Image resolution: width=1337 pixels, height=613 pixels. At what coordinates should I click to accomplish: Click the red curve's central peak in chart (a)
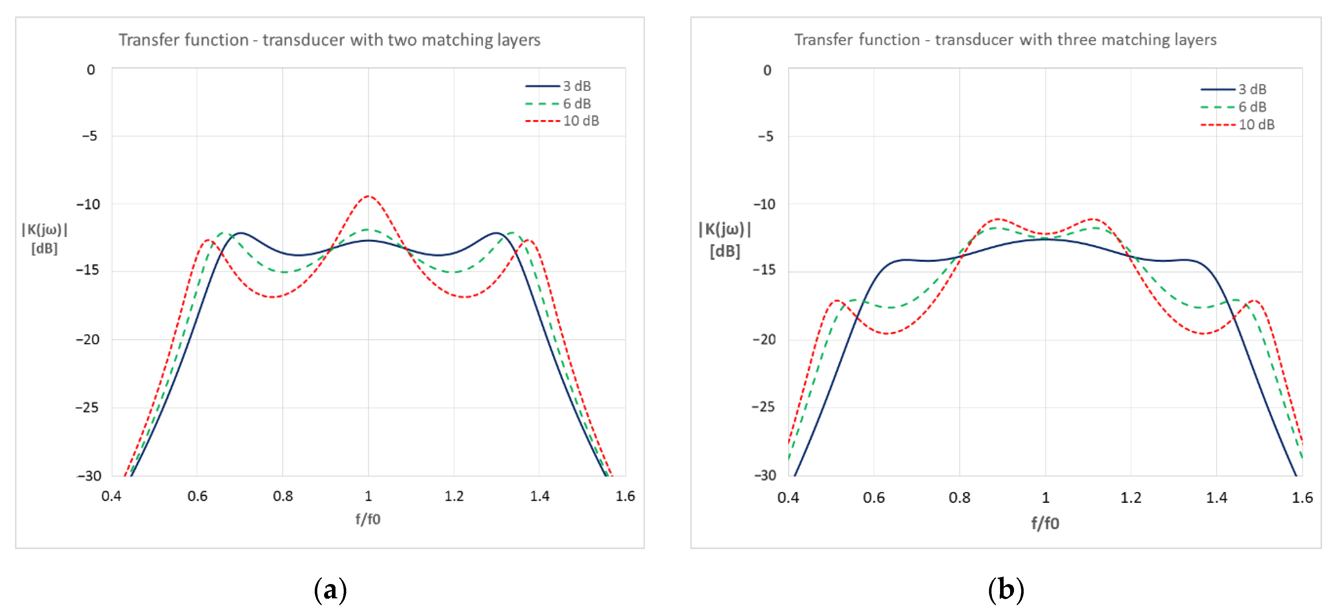pos(368,197)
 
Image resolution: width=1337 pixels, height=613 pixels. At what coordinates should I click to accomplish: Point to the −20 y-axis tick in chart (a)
pos(88,340)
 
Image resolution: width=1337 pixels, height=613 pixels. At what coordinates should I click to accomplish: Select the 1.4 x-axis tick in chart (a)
pos(539,496)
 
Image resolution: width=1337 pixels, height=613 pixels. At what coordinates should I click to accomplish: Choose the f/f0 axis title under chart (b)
pos(1044,523)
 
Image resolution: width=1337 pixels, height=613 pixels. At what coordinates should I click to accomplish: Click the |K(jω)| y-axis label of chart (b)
pos(725,229)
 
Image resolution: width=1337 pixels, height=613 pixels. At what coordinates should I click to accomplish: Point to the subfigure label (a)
pos(330,590)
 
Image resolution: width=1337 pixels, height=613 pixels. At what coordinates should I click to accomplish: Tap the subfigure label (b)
pos(1005,590)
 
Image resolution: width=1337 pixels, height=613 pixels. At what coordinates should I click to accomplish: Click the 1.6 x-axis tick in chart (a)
pos(625,496)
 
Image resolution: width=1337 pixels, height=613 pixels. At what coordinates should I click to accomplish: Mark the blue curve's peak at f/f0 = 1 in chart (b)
pos(1045,239)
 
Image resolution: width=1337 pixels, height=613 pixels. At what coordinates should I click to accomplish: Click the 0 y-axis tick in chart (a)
pos(91,69)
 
